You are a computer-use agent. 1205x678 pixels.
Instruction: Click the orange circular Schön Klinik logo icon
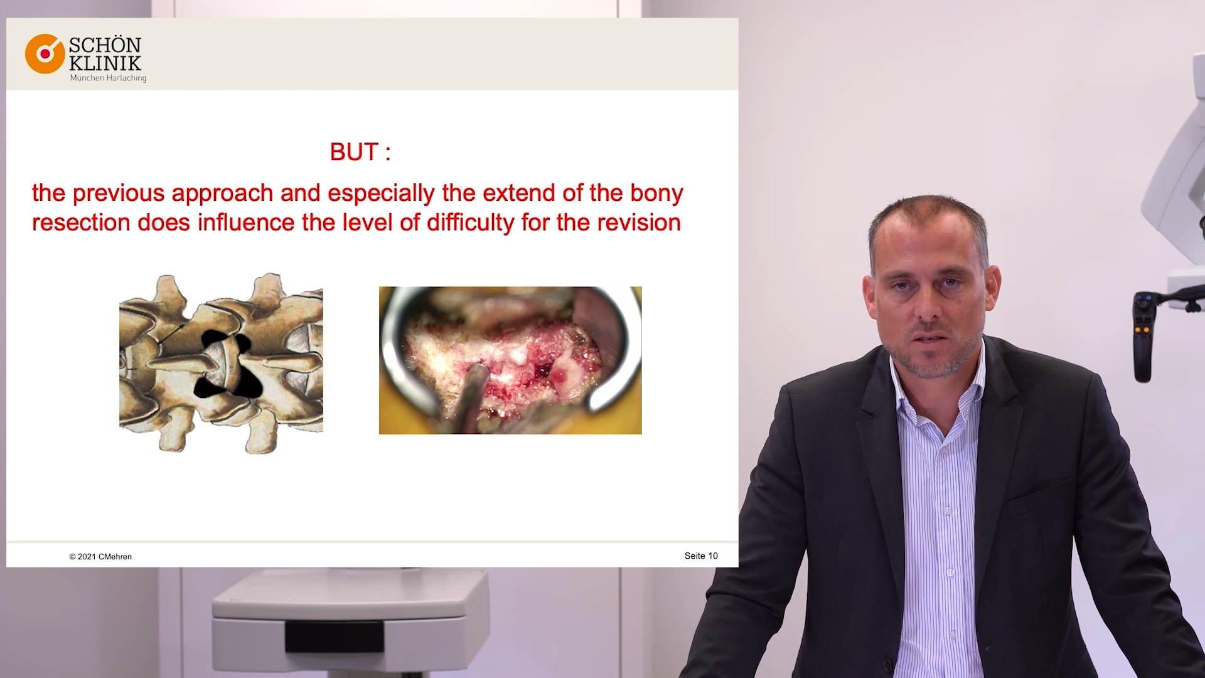pyautogui.click(x=45, y=54)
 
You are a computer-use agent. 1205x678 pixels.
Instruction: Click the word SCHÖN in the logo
pyautogui.click(x=105, y=45)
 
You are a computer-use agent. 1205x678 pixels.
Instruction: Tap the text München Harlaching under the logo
pyautogui.click(x=108, y=78)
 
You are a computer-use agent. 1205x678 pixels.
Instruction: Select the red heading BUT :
pyautogui.click(x=360, y=152)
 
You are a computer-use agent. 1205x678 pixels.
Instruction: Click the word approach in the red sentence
pyautogui.click(x=222, y=194)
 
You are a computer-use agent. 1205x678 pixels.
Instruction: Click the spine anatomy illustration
pyautogui.click(x=221, y=363)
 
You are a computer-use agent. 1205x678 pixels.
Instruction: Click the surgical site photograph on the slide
pyautogui.click(x=510, y=360)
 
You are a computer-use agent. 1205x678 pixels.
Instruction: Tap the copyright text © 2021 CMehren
pyautogui.click(x=100, y=557)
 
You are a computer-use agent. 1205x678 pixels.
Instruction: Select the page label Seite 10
pyautogui.click(x=701, y=556)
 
